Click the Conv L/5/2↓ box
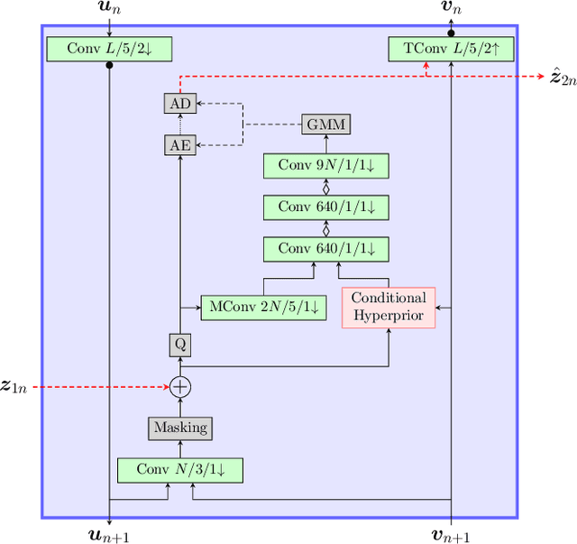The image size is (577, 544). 108,49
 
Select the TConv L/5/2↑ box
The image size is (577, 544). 451,49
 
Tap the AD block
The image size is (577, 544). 180,103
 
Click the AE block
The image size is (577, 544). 180,144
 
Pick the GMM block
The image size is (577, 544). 325,124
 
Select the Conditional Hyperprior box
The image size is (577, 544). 389,307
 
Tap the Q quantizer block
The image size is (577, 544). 180,345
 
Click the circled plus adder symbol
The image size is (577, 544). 180,386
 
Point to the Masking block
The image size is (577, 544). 180,428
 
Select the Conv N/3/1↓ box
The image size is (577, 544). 180,469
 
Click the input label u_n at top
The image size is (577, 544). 108,11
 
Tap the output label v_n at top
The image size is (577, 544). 451,11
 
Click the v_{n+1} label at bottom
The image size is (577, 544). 451,534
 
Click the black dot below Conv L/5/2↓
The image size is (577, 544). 108,66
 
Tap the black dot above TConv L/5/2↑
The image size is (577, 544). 451,32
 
